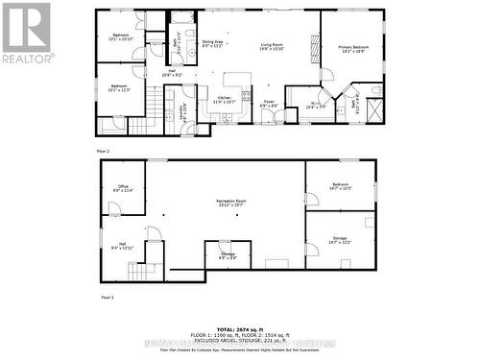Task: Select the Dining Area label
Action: coord(213,43)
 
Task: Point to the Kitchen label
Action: coord(224,99)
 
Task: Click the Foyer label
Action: coord(270,105)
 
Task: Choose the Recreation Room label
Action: coord(230,203)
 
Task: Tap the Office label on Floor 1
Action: coord(123,188)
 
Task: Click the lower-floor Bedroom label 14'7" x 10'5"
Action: coord(341,186)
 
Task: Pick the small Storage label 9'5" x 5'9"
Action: coord(228,255)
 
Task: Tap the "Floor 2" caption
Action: coord(103,152)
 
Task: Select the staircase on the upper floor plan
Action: coord(140,125)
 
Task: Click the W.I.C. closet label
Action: coord(314,107)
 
